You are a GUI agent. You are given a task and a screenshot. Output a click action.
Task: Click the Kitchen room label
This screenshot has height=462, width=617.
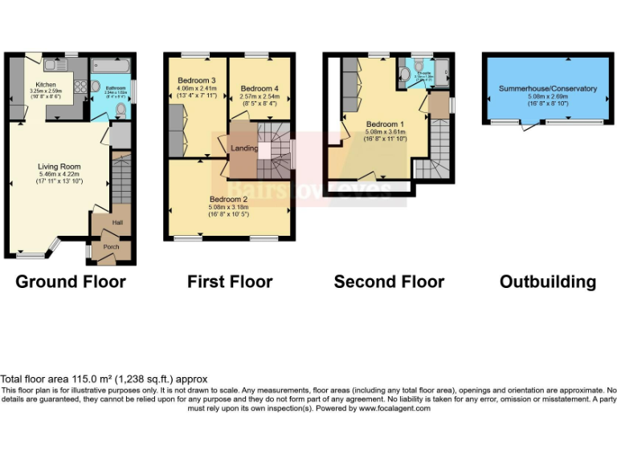click(x=44, y=83)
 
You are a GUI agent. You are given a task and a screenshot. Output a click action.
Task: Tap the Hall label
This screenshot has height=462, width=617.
click(x=117, y=223)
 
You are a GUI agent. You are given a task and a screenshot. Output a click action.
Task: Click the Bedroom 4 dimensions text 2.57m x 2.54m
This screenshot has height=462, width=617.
click(x=259, y=96)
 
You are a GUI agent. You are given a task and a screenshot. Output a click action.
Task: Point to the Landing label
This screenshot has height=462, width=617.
click(x=244, y=148)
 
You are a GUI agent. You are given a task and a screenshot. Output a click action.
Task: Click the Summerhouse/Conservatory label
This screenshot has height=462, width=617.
click(x=547, y=88)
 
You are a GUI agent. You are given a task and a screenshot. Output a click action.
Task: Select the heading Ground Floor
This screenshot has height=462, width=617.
click(x=71, y=282)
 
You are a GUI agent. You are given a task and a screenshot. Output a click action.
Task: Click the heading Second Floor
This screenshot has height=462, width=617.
click(x=389, y=282)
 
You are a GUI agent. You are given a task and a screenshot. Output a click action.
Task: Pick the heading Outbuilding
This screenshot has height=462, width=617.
click(x=547, y=282)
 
